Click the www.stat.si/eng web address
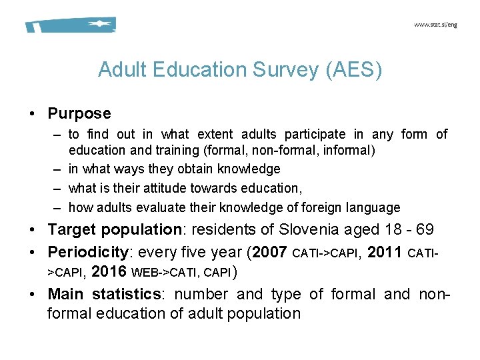coord(435,25)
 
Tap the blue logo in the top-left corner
coord(71,25)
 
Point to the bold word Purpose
coord(79,114)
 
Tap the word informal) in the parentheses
coord(349,151)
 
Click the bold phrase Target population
coord(114,230)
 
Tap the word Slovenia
coord(309,230)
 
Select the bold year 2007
coord(271,253)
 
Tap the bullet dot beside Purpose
coord(32,115)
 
